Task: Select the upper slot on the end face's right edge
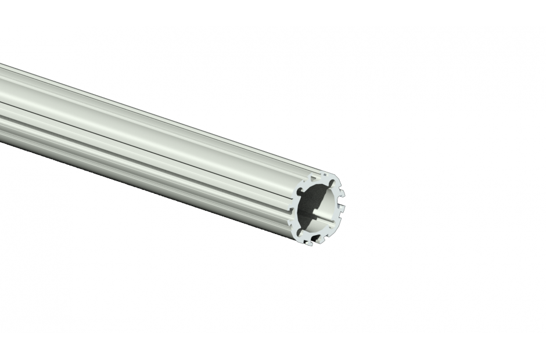pos(342,192)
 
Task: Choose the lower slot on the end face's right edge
pos(341,210)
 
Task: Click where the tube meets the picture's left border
pos(1,105)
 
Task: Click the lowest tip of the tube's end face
pos(310,244)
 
